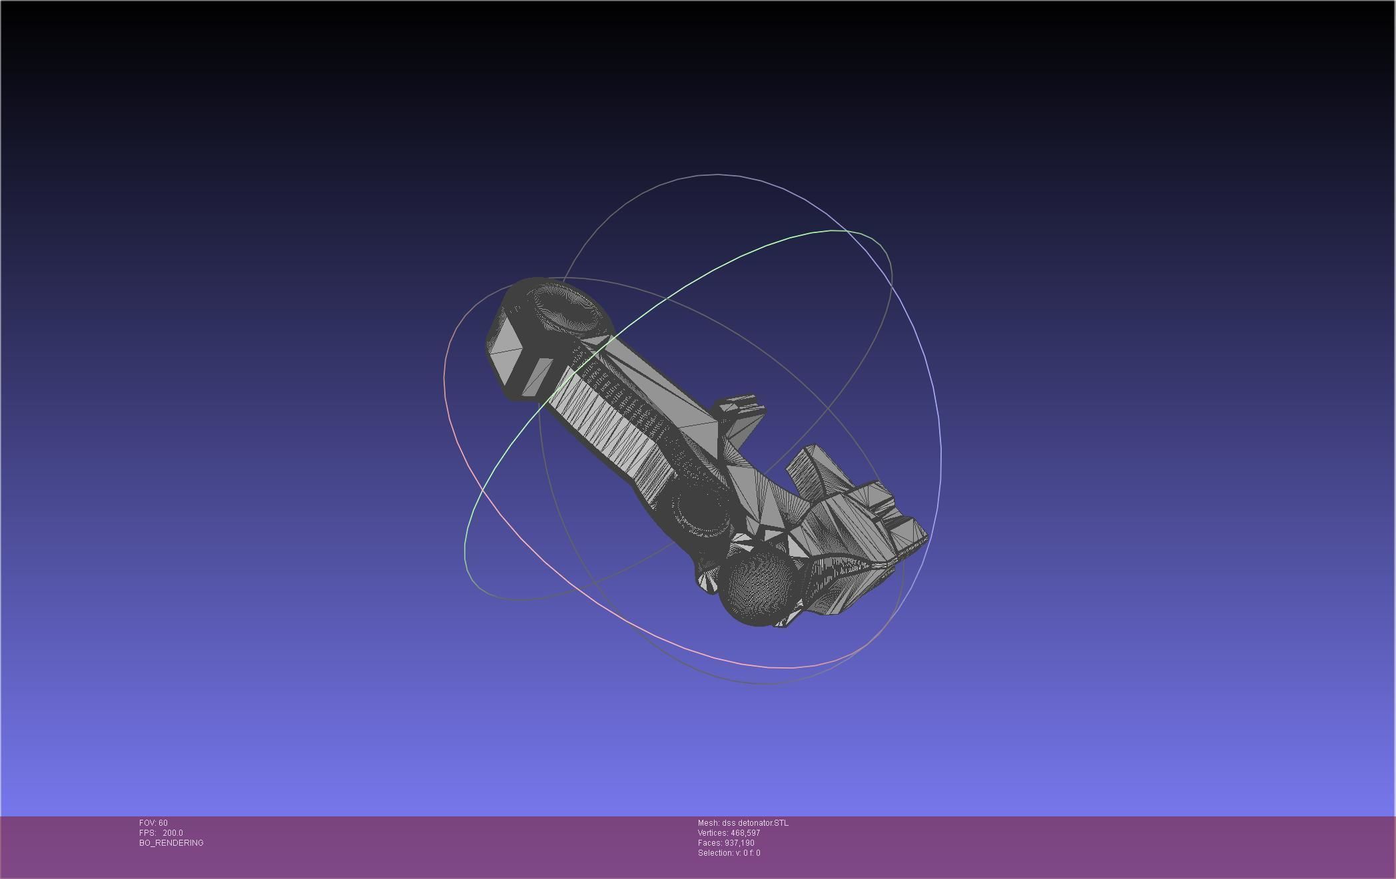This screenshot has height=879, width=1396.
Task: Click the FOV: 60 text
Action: tap(153, 823)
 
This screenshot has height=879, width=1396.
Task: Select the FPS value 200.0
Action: tap(173, 833)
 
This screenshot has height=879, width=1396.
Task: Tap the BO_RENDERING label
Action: tap(171, 843)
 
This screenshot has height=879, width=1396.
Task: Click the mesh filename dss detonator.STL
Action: tap(755, 823)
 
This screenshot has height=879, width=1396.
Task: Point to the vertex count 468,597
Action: tap(745, 833)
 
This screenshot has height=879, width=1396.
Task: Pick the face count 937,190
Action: tap(739, 843)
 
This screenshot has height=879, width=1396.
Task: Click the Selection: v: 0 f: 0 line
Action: tap(729, 853)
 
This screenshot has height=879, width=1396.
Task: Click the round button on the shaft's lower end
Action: tap(699, 513)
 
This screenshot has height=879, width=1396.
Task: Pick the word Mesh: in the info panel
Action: tap(708, 823)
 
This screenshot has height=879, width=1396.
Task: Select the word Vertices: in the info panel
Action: tap(713, 833)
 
